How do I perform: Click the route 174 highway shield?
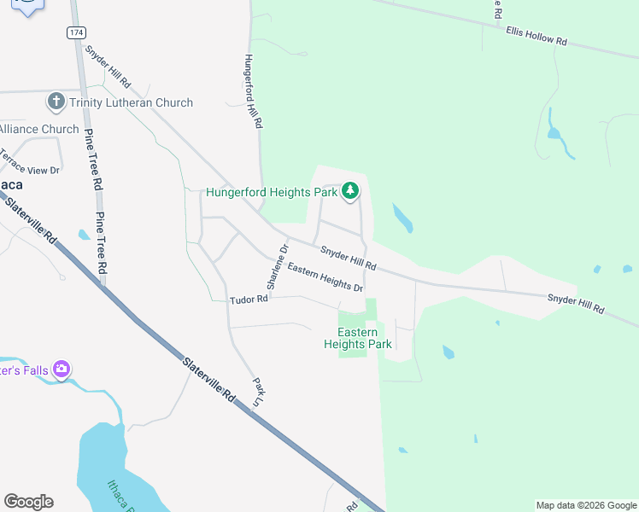[77, 32]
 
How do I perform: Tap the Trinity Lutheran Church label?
[132, 102]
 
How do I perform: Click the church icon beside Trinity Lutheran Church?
[56, 102]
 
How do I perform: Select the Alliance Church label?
[39, 129]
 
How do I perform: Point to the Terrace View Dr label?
[30, 161]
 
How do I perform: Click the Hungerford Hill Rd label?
[252, 91]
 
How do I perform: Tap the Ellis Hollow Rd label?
[536, 35]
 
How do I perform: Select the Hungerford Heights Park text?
[272, 192]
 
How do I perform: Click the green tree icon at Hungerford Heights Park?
[349, 191]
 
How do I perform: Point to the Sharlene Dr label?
[277, 267]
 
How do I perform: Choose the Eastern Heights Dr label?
[325, 276]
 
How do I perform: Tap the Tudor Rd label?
[249, 300]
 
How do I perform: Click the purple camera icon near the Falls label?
[62, 369]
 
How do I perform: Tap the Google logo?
[28, 502]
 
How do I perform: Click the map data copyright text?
[586, 505]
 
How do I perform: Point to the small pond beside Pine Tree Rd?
[83, 235]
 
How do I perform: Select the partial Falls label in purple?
[24, 370]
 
